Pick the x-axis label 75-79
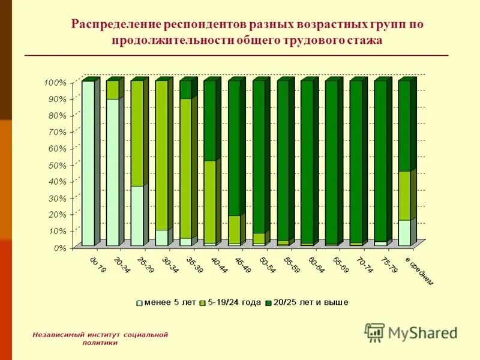(x=388, y=266)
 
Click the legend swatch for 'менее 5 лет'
(x=140, y=302)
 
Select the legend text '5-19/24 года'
(x=234, y=302)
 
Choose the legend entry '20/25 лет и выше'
(x=310, y=302)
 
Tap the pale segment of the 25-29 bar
(x=137, y=215)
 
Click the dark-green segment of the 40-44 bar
(x=210, y=120)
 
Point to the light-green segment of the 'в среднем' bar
(x=404, y=196)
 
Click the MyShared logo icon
(x=375, y=332)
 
